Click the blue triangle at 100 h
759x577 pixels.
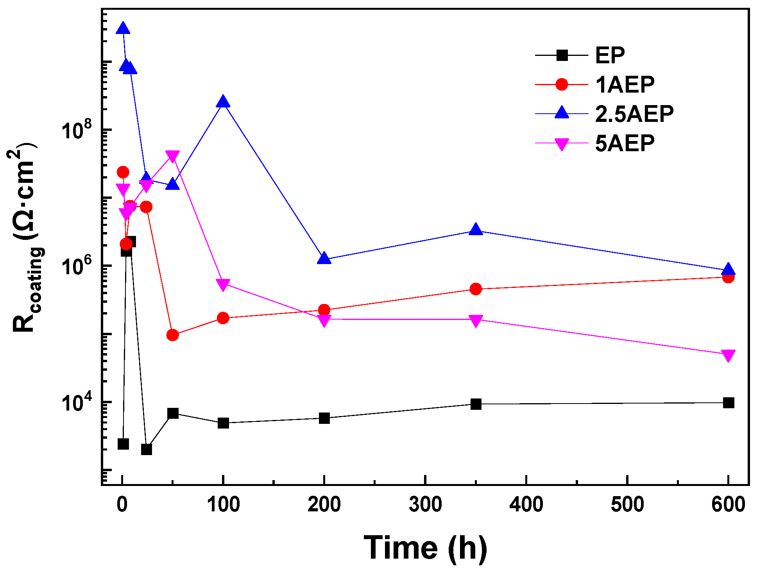[223, 102]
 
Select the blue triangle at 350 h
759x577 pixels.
[476, 229]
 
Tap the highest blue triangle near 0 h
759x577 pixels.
[123, 29]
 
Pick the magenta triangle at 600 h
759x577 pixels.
[728, 355]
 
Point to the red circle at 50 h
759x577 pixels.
[172, 335]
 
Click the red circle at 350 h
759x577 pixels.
[476, 289]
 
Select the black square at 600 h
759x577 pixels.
[728, 403]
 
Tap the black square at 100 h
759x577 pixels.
[223, 423]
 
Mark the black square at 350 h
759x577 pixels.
[476, 404]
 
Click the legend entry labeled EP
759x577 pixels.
[610, 55]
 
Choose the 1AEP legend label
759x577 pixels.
[625, 84]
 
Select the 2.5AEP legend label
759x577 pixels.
[634, 114]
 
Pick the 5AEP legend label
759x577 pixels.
[625, 143]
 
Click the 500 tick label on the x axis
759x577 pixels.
[627, 504]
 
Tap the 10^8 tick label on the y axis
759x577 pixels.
[76, 130]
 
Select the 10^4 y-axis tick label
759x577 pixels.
[76, 402]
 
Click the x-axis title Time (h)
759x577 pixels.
[425, 548]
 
